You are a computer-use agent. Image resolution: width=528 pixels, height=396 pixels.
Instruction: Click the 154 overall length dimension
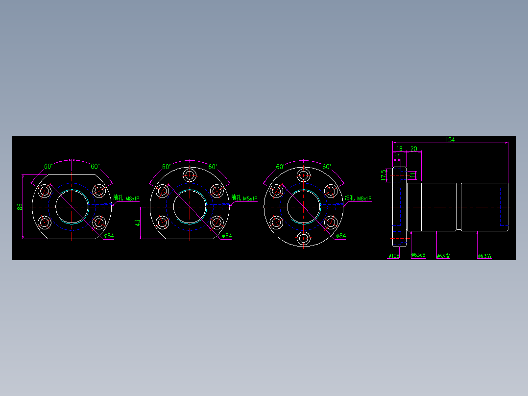pos(450,140)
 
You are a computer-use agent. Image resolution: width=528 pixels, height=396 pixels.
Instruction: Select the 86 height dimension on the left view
pos(20,207)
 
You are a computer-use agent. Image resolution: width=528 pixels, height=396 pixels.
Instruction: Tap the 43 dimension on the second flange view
pos(138,223)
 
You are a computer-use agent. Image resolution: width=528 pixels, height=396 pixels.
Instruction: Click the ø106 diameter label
pos(394,256)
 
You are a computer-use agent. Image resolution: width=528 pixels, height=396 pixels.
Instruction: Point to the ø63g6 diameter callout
pos(418,255)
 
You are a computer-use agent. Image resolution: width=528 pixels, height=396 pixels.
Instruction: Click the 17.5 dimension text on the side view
pos(383,175)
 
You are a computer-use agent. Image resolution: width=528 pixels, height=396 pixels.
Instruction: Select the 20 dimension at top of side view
pos(414,149)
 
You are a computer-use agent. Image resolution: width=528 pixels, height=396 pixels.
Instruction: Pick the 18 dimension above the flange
pos(399,149)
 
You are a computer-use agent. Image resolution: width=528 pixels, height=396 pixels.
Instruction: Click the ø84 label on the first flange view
pos(109,236)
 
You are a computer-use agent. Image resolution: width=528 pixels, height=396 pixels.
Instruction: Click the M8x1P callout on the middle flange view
pos(250,199)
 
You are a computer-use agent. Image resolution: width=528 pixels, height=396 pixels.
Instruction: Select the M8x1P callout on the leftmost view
pos(132,199)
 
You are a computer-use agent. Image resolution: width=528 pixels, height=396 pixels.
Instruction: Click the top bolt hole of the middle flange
pos(190,175)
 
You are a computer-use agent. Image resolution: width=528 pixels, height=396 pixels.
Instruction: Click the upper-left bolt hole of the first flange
pos(45,191)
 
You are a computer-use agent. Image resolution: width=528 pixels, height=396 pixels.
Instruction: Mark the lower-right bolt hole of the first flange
pos(99,223)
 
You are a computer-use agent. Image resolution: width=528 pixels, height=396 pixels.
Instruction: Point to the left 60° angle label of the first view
pos(48,167)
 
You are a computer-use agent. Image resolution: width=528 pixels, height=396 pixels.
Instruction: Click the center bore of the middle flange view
pos(190,207)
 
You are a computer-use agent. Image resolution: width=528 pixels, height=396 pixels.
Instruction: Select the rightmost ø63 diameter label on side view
pos(484,256)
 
